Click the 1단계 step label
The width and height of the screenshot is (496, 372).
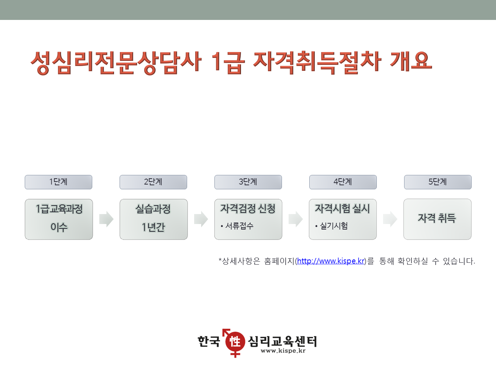[59, 182]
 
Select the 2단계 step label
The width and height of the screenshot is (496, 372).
[153, 182]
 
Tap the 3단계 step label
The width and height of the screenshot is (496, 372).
[248, 182]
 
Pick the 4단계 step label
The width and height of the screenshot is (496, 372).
[343, 182]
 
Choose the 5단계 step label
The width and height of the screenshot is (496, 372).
[438, 182]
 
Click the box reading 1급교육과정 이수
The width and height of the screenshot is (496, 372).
[59, 219]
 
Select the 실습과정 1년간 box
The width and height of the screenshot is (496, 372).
[154, 219]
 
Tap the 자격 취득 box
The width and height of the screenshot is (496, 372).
[437, 219]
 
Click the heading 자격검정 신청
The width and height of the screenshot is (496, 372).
[248, 209]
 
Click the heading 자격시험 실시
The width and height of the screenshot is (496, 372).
[342, 209]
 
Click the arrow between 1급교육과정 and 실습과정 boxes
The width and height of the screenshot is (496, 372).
[106, 219]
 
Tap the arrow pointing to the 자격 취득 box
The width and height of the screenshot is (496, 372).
[390, 219]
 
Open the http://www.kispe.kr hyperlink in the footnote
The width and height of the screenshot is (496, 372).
[331, 261]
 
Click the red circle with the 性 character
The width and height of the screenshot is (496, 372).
[235, 341]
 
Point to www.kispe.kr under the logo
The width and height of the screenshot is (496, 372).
[283, 351]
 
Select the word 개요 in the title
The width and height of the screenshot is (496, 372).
[411, 61]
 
